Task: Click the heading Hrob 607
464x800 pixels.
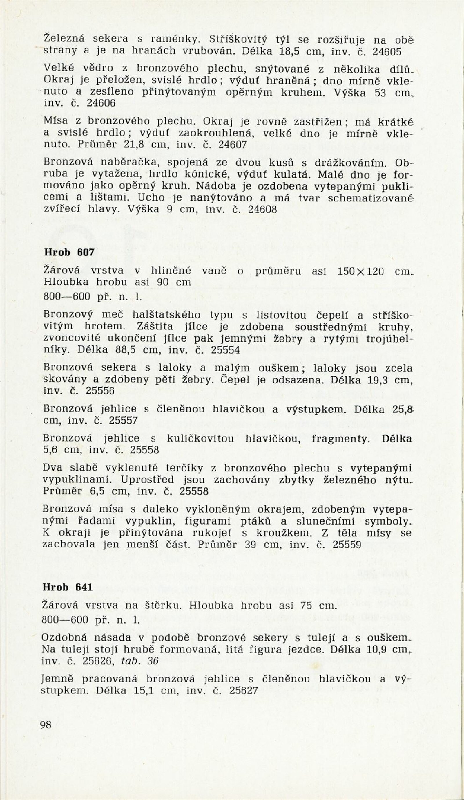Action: coord(69,252)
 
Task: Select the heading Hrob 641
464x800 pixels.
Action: coord(68,587)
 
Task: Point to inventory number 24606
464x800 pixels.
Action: coord(101,104)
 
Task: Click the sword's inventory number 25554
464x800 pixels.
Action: coord(225,350)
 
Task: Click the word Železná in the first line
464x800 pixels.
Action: coord(64,39)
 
